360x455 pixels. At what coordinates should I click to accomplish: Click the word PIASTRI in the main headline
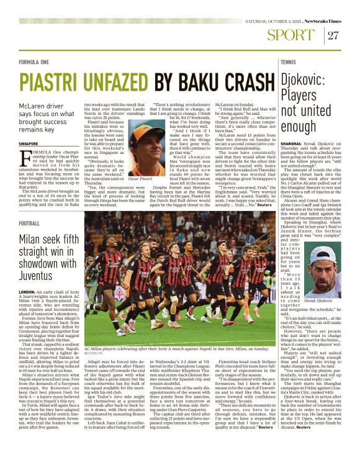pyautogui.click(x=53, y=82)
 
